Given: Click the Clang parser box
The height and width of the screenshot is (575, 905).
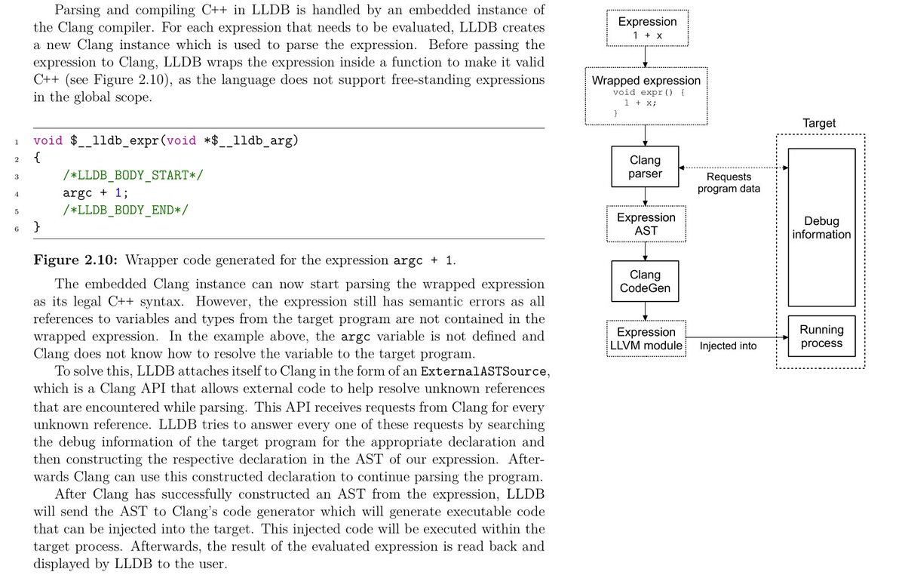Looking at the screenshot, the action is (645, 167).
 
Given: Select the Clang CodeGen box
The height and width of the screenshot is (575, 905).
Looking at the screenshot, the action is (645, 281).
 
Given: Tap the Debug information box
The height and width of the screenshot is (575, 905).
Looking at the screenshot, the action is (821, 227).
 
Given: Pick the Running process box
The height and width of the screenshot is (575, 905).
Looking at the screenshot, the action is (821, 337).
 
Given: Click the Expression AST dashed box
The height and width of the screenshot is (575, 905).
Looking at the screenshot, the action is (646, 223).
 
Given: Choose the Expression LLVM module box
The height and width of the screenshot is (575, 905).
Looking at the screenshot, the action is (646, 338).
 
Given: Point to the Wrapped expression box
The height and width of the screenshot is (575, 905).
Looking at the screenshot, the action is (646, 95).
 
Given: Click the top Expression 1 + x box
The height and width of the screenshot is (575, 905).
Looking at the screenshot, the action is (646, 27).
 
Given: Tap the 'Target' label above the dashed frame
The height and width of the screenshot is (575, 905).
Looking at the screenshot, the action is (820, 123).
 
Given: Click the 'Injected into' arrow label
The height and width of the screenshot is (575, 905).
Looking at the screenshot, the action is (728, 346).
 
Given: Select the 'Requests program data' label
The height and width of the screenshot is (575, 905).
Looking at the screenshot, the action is (729, 183).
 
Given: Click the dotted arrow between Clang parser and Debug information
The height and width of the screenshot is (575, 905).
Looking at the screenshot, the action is (733, 168).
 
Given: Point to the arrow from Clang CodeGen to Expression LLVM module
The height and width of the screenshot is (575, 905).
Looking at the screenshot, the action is (646, 309).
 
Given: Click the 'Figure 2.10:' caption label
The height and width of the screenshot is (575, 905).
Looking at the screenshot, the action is (75, 261).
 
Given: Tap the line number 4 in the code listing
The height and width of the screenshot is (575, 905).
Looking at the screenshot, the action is (15, 193).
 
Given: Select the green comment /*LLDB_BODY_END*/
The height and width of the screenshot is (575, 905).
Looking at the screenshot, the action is (125, 210).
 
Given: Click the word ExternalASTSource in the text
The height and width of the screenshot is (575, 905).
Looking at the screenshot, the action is (481, 372).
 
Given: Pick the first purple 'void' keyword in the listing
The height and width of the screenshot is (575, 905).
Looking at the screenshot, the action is (48, 141).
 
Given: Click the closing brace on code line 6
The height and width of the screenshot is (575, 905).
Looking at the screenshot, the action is (37, 226).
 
